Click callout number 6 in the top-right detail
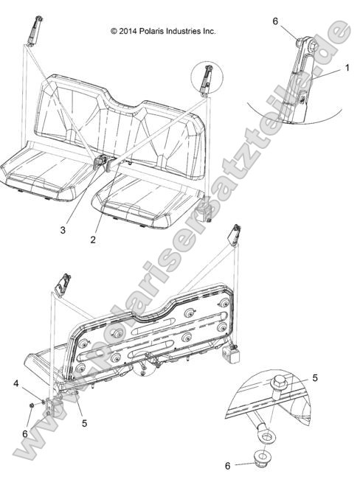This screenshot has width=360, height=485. coord(276,21)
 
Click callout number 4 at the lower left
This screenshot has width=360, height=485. coord(16,383)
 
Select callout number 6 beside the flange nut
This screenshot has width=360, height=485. coord(228,467)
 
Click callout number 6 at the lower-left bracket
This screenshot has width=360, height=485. coord(25,434)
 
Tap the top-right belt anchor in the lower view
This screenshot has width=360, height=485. coord(236,234)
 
